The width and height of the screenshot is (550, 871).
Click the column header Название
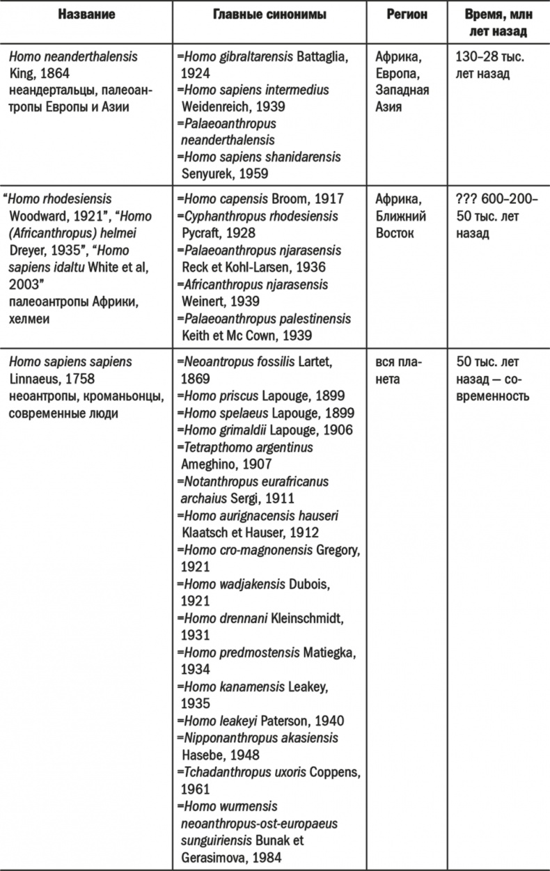coord(86,14)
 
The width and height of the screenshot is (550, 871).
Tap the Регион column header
coord(407,14)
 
